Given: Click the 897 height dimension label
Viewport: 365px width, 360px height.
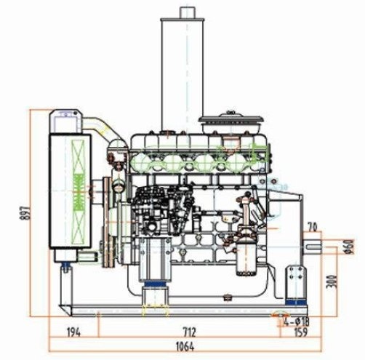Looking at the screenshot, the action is (x=25, y=213).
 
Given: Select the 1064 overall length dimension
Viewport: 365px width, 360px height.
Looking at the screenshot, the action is (x=185, y=347).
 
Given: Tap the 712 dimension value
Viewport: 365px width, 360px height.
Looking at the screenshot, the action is (x=189, y=332).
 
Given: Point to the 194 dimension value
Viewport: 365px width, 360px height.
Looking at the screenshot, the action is (x=73, y=332).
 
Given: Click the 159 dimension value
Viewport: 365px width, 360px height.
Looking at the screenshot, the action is (x=301, y=332).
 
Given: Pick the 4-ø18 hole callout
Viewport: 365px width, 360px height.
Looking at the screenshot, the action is (x=297, y=321).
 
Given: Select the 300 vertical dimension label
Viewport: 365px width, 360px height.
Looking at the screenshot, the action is (x=332, y=281).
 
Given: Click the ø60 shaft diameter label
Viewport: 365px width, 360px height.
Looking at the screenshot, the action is (x=349, y=247).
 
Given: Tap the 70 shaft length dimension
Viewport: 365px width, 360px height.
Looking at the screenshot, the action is (x=313, y=228).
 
